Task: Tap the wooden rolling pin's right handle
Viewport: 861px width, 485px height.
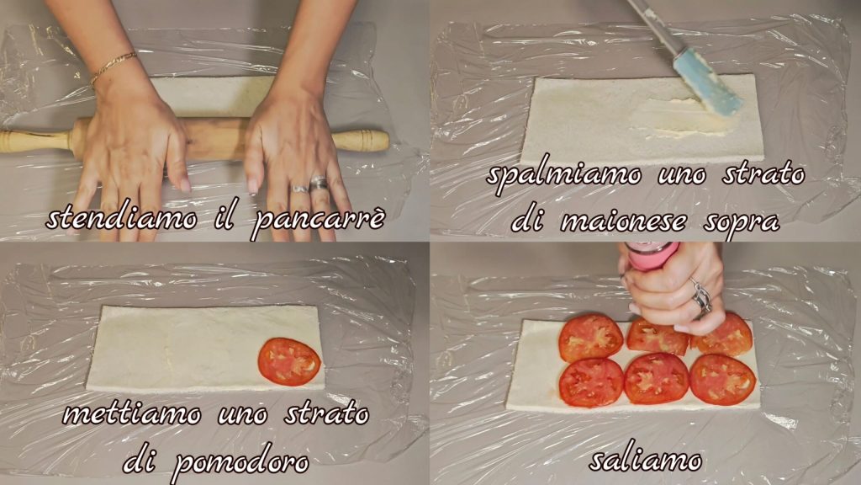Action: tap(362, 141)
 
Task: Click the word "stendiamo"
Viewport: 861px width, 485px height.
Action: tap(121, 217)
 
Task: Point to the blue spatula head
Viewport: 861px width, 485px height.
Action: tap(707, 83)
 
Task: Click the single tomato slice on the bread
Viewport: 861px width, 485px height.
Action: tap(289, 362)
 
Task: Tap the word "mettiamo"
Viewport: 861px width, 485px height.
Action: tap(132, 413)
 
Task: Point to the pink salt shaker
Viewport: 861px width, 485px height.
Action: tap(652, 256)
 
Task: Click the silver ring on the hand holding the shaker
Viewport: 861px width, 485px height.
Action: tap(701, 297)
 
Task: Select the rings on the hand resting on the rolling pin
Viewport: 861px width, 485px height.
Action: tap(309, 185)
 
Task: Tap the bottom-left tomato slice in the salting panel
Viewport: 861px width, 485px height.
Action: tap(591, 382)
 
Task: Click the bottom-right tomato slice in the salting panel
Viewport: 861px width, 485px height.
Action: tap(722, 380)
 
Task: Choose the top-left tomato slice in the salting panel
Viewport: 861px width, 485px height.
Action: tap(591, 338)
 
